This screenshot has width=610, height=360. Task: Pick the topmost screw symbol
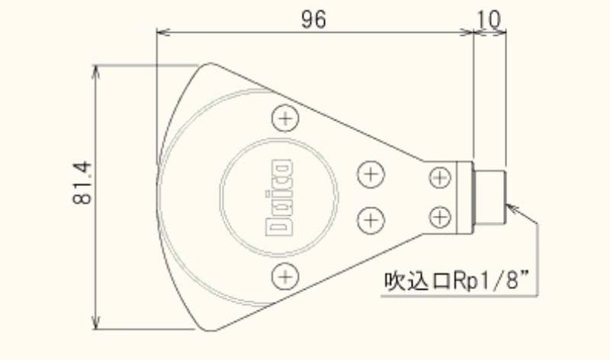tap(284, 118)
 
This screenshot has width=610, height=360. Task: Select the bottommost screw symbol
tap(284, 275)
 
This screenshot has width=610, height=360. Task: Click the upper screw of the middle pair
tap(370, 174)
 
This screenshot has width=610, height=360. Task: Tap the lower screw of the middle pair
tap(370, 220)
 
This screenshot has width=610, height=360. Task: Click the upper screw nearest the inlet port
tap(440, 178)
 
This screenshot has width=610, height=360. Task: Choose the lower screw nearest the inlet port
tap(440, 217)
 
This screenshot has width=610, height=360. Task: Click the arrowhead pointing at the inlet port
tap(512, 206)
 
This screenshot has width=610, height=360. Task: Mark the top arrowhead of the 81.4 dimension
tap(96, 70)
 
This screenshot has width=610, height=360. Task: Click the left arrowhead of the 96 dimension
tap(161, 32)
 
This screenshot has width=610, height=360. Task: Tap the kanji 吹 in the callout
tap(393, 282)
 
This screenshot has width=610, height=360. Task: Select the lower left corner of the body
tap(204, 329)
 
